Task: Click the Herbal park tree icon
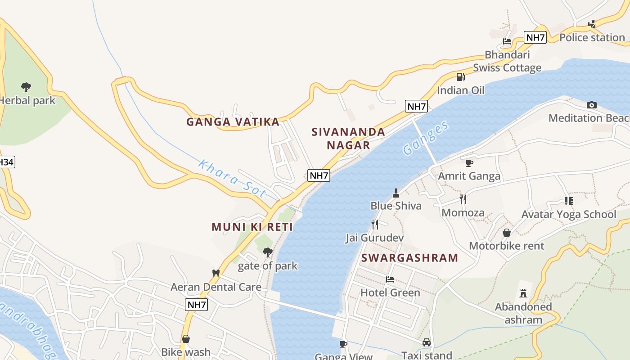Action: pos(26,87)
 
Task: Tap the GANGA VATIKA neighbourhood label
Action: pos(233,122)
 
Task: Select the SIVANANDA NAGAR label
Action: pos(349,139)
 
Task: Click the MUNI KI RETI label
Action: pos(252,227)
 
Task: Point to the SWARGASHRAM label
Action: pos(410,258)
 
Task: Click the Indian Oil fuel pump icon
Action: pos(460,77)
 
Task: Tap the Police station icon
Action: pos(592,24)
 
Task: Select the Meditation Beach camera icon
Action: pos(592,105)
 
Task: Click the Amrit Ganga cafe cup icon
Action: pos(469,163)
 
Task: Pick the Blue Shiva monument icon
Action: pos(396,193)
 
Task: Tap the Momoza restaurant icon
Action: pos(463,199)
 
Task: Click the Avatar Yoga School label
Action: pos(568,214)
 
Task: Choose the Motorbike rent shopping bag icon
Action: pos(507,233)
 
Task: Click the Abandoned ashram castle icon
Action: pos(523,293)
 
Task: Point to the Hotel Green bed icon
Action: pos(390,279)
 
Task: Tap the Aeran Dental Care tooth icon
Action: pos(216,273)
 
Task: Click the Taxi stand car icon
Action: pos(427,342)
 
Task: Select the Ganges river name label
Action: pos(426,138)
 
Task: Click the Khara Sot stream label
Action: pos(232,179)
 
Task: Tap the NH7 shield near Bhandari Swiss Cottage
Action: pos(535,37)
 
